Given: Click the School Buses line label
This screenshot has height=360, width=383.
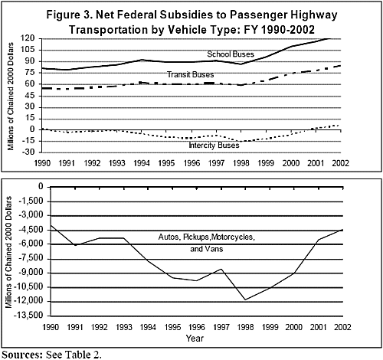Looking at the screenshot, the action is click(231, 54).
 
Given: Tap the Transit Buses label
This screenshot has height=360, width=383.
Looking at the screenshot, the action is click(190, 74).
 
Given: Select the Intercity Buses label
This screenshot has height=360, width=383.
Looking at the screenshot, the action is click(214, 146).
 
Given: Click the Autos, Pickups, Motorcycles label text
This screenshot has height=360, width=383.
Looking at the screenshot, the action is click(207, 237).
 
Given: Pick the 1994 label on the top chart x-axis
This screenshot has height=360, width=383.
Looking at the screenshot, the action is click(141, 163).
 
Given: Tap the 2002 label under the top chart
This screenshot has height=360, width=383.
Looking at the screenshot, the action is click(340, 163).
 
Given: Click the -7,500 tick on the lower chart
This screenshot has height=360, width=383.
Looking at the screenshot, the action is click(32, 258).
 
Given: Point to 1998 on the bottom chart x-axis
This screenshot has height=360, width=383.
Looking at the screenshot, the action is click(245, 327).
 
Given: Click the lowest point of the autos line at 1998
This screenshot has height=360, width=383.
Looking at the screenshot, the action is click(245, 299).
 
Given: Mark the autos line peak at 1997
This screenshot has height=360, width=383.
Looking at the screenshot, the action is click(221, 269).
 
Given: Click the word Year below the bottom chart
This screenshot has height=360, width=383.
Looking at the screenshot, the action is click(195, 339).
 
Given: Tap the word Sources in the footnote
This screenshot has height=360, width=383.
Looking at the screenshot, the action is click(22, 355).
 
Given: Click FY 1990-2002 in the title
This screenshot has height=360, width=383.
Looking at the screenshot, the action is click(280, 30).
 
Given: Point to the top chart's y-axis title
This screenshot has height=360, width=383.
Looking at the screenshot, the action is click(11, 97).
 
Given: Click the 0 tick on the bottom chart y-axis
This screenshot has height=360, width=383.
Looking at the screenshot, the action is click(41, 186).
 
